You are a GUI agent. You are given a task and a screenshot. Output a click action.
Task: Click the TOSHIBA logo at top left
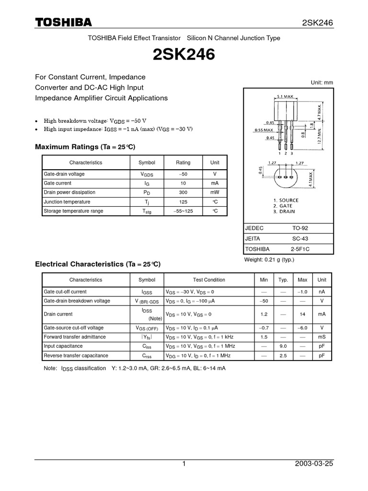pyautogui.click(x=64, y=23)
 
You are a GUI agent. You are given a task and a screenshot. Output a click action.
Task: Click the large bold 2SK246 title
pyautogui.click(x=184, y=56)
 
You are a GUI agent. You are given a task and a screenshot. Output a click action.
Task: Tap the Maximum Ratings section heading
pyautogui.click(x=89, y=146)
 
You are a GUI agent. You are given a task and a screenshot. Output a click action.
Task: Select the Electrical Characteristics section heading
pyautogui.click(x=98, y=264)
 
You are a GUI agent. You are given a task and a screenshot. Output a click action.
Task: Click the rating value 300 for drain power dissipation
pyautogui.click(x=183, y=192)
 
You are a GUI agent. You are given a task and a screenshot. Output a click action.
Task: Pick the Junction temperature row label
pyautogui.click(x=67, y=202)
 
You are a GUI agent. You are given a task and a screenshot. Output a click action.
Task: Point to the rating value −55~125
pyautogui.click(x=183, y=211)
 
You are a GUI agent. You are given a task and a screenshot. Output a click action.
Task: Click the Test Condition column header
pyautogui.click(x=209, y=280)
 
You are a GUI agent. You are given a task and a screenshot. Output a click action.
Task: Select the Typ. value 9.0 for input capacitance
pyautogui.click(x=283, y=346)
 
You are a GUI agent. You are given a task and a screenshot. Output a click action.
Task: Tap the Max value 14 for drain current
pyautogui.click(x=302, y=314)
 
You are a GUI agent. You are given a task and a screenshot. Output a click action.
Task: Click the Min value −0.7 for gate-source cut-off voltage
pyautogui.click(x=264, y=328)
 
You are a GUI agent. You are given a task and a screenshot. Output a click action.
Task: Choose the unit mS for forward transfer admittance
pyautogui.click(x=322, y=337)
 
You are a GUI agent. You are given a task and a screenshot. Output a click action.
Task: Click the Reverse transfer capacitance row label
pyautogui.click(x=76, y=356)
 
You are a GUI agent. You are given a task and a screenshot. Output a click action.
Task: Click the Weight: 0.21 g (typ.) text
pyautogui.click(x=269, y=260)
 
